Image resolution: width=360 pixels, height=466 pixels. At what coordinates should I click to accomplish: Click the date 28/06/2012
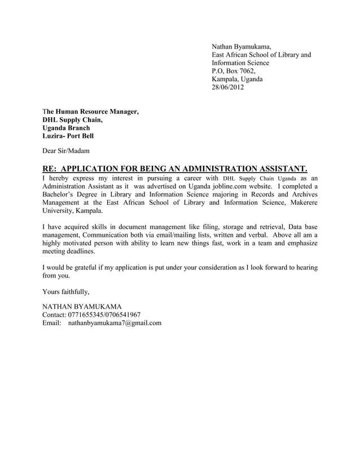tap(228, 87)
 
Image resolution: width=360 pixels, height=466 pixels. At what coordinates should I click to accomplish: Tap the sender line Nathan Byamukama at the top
tap(242, 46)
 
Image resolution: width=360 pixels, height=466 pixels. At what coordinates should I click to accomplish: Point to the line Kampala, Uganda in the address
tap(237, 80)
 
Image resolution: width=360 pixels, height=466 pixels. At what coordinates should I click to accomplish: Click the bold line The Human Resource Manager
tap(91, 111)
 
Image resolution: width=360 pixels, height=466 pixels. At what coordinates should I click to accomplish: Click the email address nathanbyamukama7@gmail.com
tap(115, 323)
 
